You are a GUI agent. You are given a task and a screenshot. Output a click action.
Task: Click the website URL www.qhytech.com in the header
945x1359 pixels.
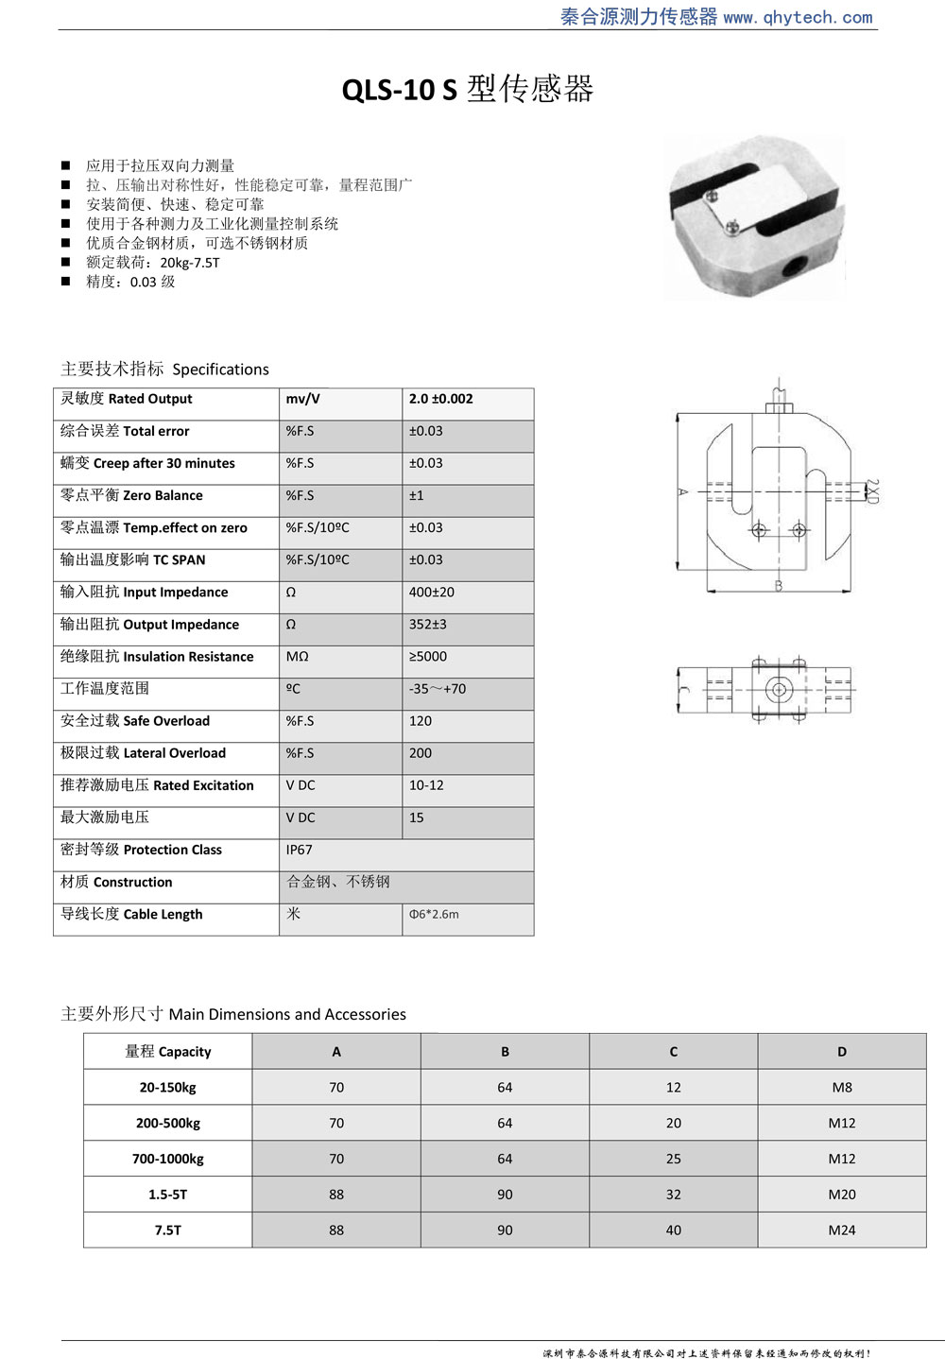(x=799, y=17)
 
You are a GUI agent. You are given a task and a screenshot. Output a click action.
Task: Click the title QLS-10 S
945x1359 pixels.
(x=399, y=90)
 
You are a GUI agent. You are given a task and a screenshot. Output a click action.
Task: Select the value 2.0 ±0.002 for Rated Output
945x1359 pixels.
(x=440, y=399)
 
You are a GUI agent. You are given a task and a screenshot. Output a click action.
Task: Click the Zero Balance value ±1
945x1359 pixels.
(x=416, y=495)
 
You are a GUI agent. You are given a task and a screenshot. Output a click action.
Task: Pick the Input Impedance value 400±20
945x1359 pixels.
(x=431, y=593)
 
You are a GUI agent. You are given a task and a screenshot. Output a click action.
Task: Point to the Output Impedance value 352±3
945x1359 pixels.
(x=427, y=625)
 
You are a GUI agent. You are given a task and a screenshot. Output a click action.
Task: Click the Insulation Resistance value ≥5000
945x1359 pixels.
(x=427, y=657)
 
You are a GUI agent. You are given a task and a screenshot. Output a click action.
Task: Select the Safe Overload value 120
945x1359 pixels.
(x=420, y=721)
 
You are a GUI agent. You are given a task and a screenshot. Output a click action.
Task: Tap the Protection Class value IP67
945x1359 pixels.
(x=299, y=851)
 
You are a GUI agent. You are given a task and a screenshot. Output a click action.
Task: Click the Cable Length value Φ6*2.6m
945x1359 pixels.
(x=434, y=915)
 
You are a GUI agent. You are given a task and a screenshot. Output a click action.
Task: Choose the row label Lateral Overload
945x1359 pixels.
(x=143, y=753)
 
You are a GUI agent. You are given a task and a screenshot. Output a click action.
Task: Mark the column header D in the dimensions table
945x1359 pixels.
(x=841, y=1052)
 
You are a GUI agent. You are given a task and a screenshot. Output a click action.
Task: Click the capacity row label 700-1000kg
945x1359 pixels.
(x=167, y=1159)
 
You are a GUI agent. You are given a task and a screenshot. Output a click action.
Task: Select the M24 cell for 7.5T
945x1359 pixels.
(x=841, y=1230)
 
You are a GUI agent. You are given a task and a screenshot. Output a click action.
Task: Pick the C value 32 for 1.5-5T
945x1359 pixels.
(x=673, y=1195)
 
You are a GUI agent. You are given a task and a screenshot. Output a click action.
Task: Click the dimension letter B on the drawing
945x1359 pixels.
(x=778, y=586)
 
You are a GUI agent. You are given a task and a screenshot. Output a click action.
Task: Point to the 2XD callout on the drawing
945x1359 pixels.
(x=871, y=490)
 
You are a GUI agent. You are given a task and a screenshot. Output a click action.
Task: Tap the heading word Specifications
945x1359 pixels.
(x=220, y=370)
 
